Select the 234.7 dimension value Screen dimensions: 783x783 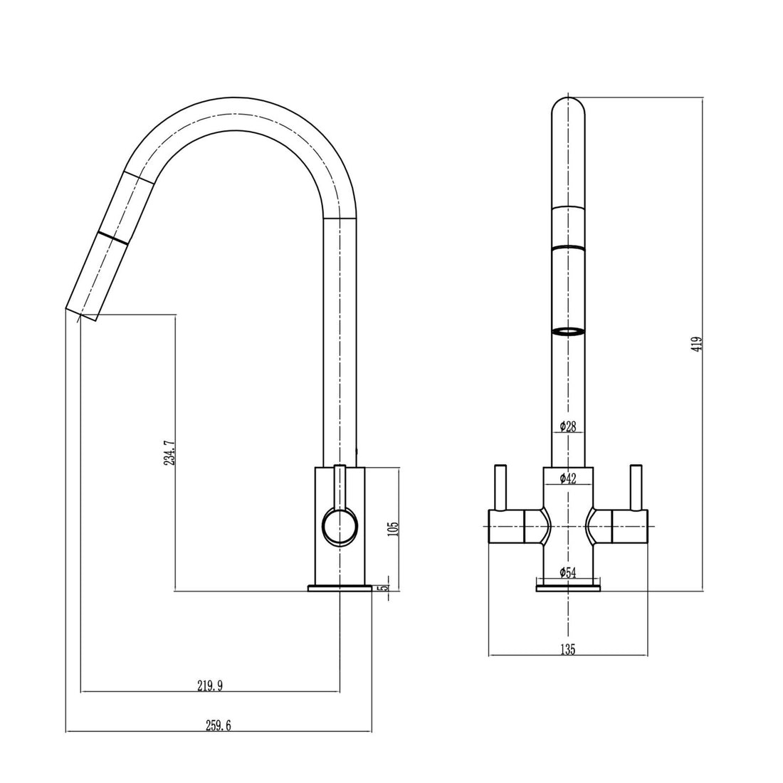click(x=169, y=452)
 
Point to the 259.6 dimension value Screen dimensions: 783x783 click(x=219, y=726)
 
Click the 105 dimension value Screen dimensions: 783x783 click(x=394, y=528)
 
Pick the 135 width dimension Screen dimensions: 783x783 click(x=567, y=648)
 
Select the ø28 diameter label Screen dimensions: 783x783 click(x=567, y=427)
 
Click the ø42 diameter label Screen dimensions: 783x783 click(x=567, y=478)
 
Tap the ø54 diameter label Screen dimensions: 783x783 click(x=567, y=572)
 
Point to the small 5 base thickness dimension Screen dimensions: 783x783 click(x=385, y=588)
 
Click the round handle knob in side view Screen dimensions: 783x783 click(x=340, y=527)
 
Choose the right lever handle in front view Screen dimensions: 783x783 click(x=635, y=488)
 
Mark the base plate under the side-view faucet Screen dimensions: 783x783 click(x=340, y=588)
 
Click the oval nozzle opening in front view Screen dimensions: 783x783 click(x=568, y=331)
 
